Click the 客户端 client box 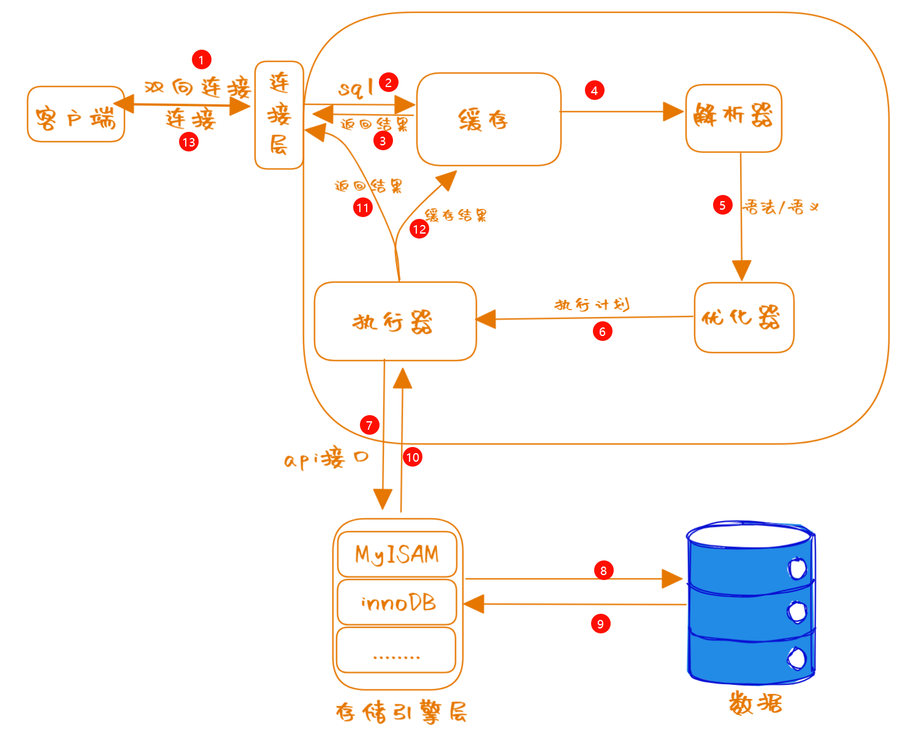click(x=76, y=115)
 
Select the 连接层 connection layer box click(x=279, y=115)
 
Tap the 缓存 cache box click(x=488, y=120)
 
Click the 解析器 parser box click(x=733, y=118)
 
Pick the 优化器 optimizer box click(x=744, y=318)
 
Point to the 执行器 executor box click(x=395, y=321)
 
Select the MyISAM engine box click(x=397, y=555)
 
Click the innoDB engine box click(x=397, y=603)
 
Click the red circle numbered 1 click(x=201, y=59)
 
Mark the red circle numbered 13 click(x=189, y=142)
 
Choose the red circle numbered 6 click(x=602, y=332)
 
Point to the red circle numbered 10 click(x=413, y=457)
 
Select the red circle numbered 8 click(x=603, y=570)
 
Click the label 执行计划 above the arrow click(x=592, y=305)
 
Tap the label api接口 click(x=326, y=459)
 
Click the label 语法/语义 click(x=781, y=207)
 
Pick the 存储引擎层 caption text click(x=402, y=712)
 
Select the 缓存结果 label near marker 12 click(x=456, y=215)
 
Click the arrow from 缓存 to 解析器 click(x=619, y=112)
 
